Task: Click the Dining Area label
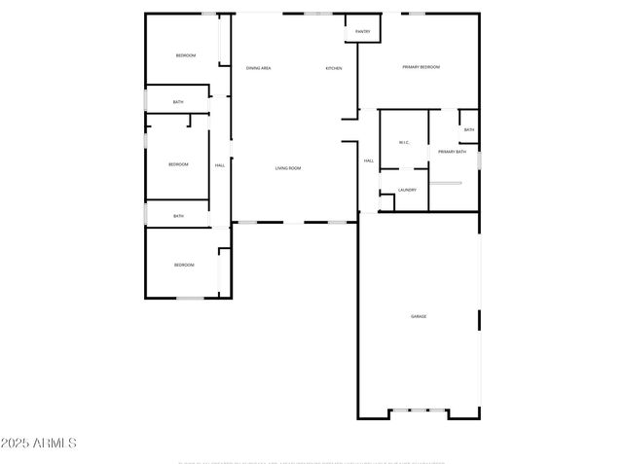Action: pyautogui.click(x=258, y=68)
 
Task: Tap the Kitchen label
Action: pyautogui.click(x=334, y=68)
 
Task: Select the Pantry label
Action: pyautogui.click(x=362, y=32)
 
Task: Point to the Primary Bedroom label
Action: pyautogui.click(x=421, y=67)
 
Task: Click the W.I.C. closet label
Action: pyautogui.click(x=404, y=143)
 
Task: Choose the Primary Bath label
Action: pyautogui.click(x=452, y=152)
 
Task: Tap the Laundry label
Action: pyautogui.click(x=407, y=190)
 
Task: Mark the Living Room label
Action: pyautogui.click(x=287, y=168)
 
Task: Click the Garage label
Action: pyautogui.click(x=419, y=316)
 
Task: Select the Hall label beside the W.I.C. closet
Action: pyautogui.click(x=369, y=161)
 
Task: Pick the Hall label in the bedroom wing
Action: pyautogui.click(x=220, y=165)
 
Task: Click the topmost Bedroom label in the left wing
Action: pyautogui.click(x=185, y=55)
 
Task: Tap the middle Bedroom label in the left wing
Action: pyautogui.click(x=178, y=164)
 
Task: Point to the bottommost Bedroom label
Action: pyautogui.click(x=184, y=265)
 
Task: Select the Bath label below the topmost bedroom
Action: pyautogui.click(x=178, y=102)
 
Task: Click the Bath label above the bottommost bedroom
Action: pyautogui.click(x=178, y=216)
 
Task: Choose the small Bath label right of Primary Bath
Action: pyautogui.click(x=469, y=130)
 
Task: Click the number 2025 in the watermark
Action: pyautogui.click(x=17, y=444)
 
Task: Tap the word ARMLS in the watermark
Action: pyautogui.click(x=55, y=444)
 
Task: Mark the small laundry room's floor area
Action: pyautogui.click(x=407, y=199)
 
